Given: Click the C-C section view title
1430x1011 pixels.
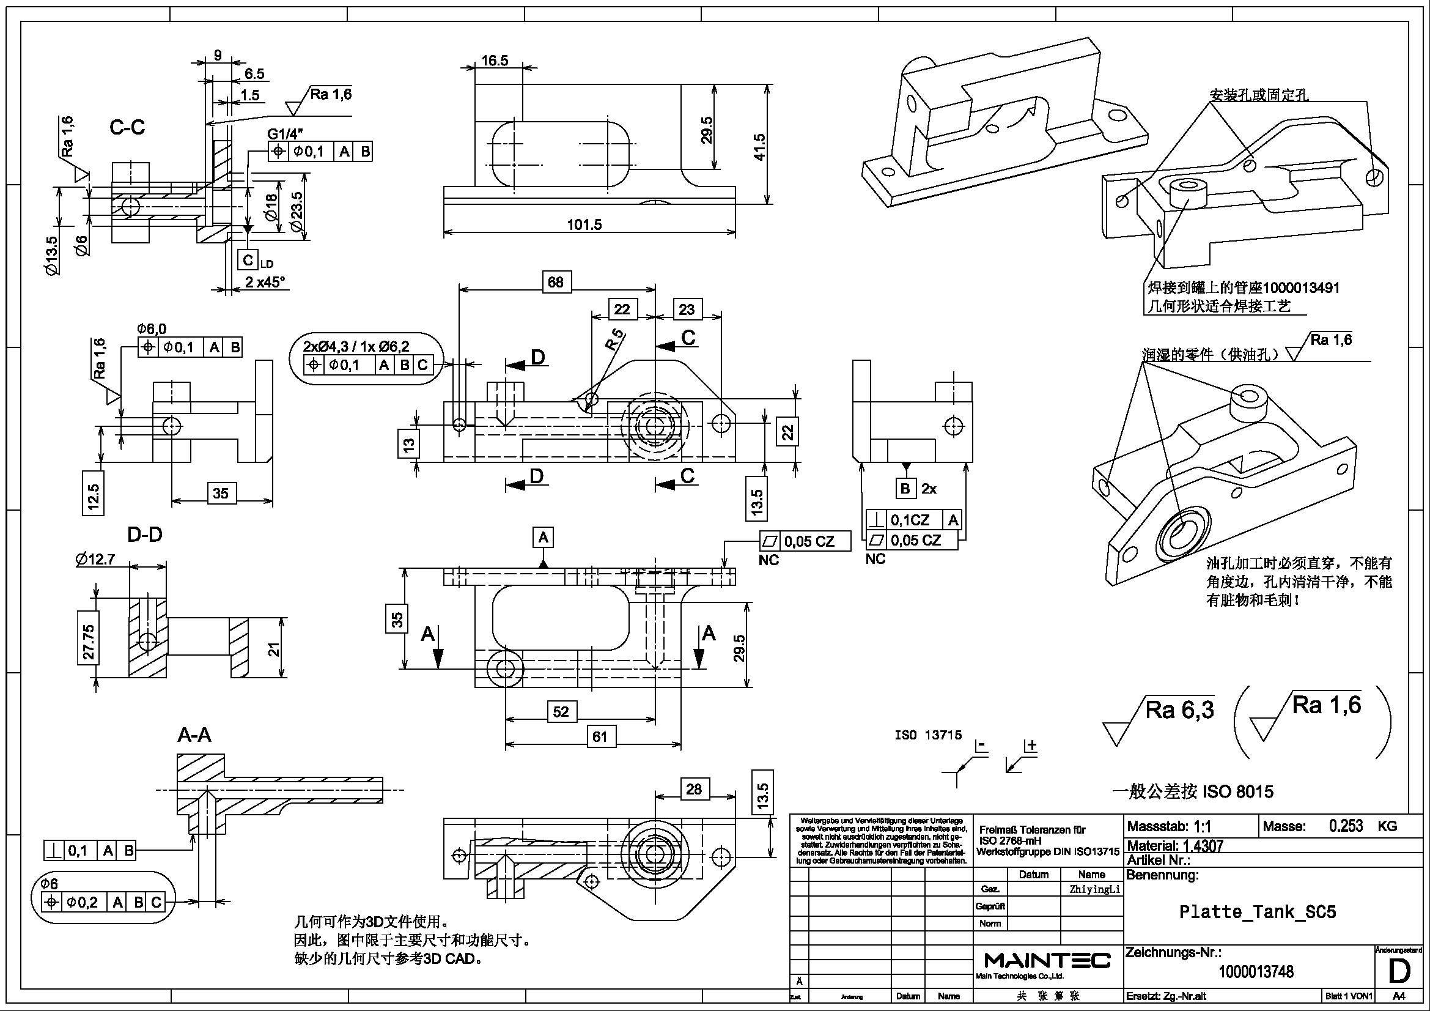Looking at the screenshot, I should pyautogui.click(x=127, y=128).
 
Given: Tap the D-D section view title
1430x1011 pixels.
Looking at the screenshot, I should pyautogui.click(x=144, y=535).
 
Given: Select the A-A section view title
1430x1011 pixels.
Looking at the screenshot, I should pyautogui.click(x=194, y=735).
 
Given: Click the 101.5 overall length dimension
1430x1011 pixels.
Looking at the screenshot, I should pyautogui.click(x=584, y=225).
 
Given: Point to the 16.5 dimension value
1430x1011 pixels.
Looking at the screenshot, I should pyautogui.click(x=495, y=61).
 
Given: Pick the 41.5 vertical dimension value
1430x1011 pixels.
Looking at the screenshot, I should pyautogui.click(x=759, y=147).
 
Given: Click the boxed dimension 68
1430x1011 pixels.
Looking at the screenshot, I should pyautogui.click(x=556, y=282).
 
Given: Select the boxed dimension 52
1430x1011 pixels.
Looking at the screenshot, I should pyautogui.click(x=561, y=711).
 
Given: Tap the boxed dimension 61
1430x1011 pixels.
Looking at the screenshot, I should pyautogui.click(x=600, y=737).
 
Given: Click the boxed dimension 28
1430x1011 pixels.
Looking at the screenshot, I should pyautogui.click(x=694, y=789).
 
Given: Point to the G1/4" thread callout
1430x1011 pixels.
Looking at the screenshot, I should pyautogui.click(x=286, y=134).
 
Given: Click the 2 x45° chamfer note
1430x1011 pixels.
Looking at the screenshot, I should pyautogui.click(x=265, y=282).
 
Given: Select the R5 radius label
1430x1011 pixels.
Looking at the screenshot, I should pyautogui.click(x=614, y=339).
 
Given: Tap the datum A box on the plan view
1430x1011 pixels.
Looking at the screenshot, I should pyautogui.click(x=543, y=537).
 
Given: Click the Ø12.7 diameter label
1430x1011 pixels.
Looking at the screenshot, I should pyautogui.click(x=95, y=560).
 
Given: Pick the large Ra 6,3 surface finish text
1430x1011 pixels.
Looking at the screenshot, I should pyautogui.click(x=1179, y=710).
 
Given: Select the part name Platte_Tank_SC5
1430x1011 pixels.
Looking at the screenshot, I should pyautogui.click(x=1258, y=912).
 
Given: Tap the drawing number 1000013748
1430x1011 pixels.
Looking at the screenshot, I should pyautogui.click(x=1256, y=972).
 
